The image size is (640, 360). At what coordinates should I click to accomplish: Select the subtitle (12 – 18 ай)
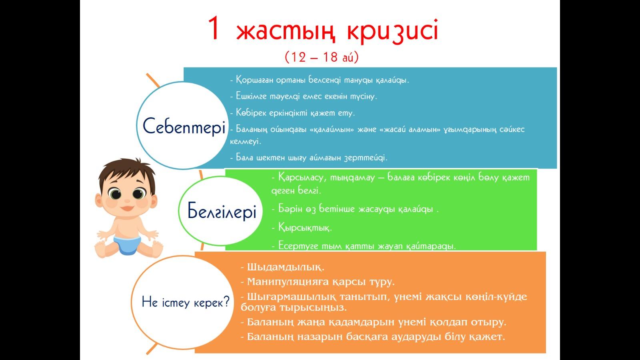pyautogui.click(x=322, y=57)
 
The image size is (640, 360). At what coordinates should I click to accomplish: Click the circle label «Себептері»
pyautogui.click(x=184, y=126)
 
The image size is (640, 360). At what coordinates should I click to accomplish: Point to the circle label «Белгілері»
pyautogui.click(x=222, y=211)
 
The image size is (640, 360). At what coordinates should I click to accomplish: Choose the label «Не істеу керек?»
pyautogui.click(x=186, y=302)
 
